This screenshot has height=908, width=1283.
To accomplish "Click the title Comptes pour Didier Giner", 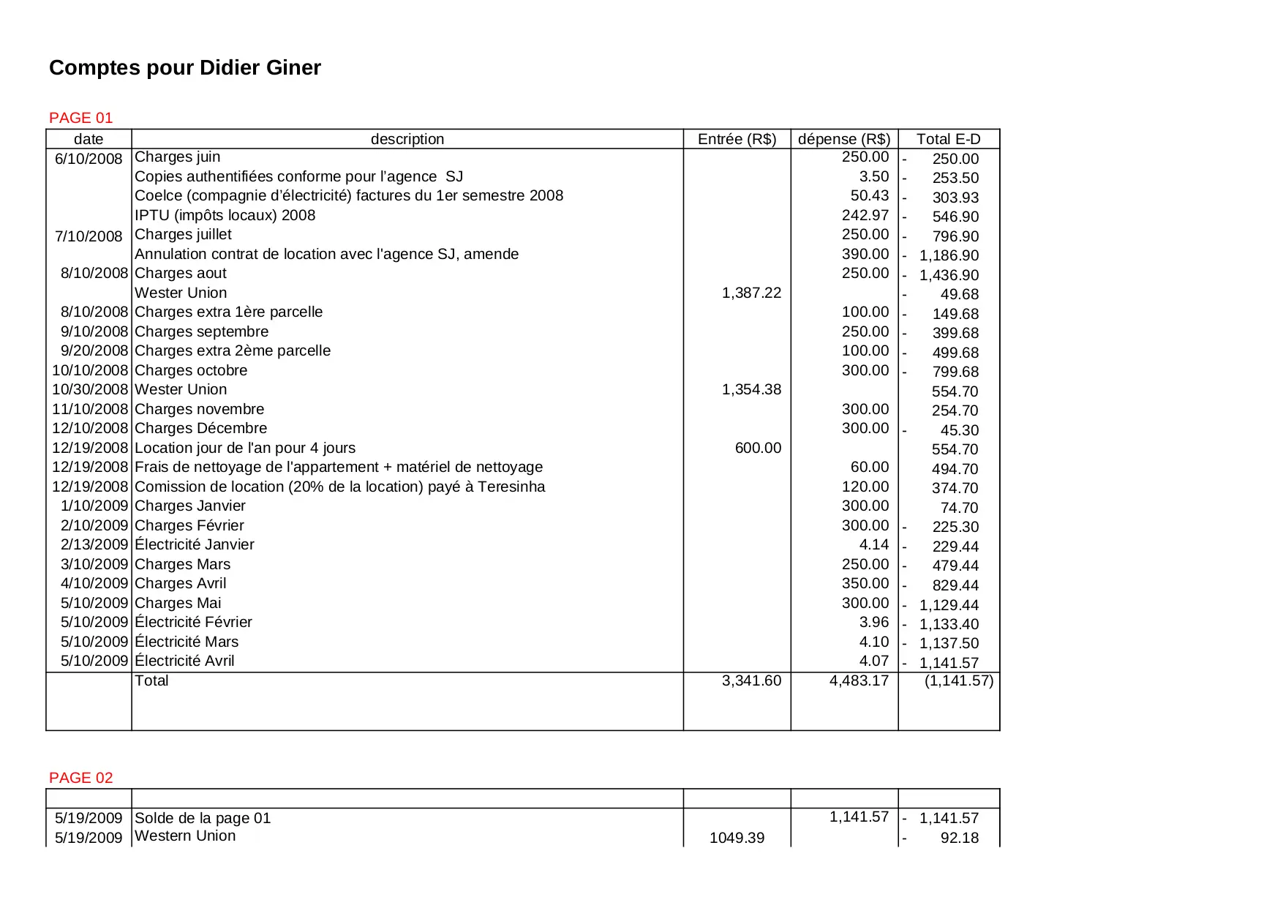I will [x=185, y=68].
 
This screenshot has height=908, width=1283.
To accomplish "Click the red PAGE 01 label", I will [x=81, y=118].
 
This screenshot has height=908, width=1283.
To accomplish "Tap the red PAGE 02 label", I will [x=81, y=778].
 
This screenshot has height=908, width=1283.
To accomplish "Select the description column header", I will [x=407, y=139].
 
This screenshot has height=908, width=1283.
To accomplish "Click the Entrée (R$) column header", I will [x=737, y=139].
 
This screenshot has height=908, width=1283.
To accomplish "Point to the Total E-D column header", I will [x=948, y=139].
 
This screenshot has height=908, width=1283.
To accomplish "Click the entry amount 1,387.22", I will [x=751, y=293].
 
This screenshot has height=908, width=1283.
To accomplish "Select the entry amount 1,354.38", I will [x=751, y=389].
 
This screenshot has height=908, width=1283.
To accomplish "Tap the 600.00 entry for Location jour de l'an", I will [x=758, y=448].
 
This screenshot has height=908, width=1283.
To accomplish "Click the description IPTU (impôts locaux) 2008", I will [x=225, y=215].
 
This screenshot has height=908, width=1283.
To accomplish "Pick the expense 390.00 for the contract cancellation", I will [x=865, y=254].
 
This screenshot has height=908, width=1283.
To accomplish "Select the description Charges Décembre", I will [x=201, y=428].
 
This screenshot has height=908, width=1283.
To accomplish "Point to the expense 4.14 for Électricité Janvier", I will [x=874, y=544].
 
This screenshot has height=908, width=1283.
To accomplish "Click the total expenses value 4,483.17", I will [x=859, y=680].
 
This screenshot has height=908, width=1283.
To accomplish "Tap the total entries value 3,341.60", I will [x=751, y=680].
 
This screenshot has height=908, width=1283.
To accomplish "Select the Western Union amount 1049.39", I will [x=737, y=838].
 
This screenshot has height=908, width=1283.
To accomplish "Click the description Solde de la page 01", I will [x=203, y=818].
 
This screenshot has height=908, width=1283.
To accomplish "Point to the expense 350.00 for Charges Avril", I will [x=865, y=583].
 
